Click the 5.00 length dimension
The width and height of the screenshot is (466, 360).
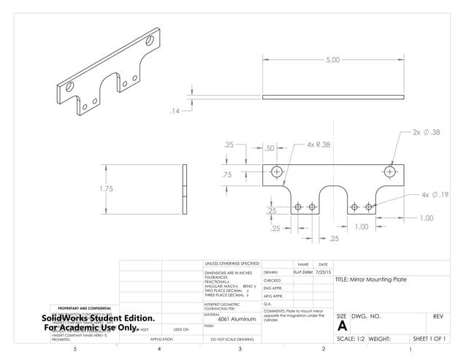[332, 60]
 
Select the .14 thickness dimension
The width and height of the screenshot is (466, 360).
[175, 111]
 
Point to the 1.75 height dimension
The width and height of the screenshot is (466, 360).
[107, 188]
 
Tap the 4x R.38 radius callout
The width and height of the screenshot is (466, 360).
[318, 145]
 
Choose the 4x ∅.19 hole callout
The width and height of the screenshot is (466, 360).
[435, 195]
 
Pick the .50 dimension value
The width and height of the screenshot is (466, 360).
[269, 148]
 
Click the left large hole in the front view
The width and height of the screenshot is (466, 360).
[276, 172]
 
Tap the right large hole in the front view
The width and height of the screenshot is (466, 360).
[390, 172]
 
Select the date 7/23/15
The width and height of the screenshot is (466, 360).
[324, 272]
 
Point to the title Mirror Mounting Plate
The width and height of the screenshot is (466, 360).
[370, 280]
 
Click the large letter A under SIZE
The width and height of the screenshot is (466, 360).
[342, 326]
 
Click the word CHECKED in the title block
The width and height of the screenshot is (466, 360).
[272, 280]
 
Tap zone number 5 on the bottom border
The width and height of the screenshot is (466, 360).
[76, 351]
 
